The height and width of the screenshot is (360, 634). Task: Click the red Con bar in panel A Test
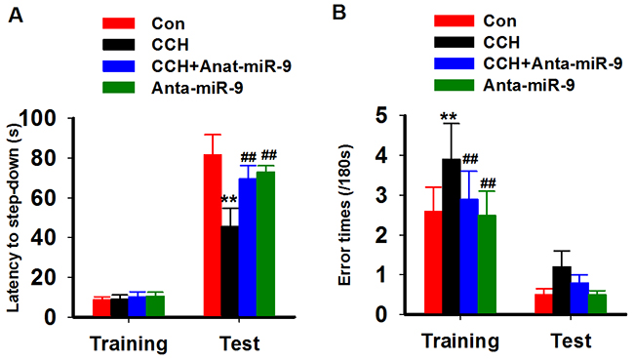click(213, 235)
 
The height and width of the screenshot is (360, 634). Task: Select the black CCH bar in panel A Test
click(230, 271)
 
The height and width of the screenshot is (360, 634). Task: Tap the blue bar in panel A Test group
click(248, 247)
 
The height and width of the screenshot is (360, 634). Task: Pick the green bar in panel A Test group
click(265, 244)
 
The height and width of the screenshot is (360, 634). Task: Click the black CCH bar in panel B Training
click(452, 236)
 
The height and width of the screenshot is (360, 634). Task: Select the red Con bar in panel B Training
click(433, 262)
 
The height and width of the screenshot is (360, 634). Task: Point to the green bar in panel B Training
click(487, 264)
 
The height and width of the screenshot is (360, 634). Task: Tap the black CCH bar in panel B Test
click(562, 290)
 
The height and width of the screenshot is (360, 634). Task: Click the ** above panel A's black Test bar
click(229, 199)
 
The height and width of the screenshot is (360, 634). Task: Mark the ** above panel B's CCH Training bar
click(449, 117)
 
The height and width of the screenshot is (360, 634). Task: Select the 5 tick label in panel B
click(382, 116)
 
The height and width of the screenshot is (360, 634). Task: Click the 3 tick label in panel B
click(382, 196)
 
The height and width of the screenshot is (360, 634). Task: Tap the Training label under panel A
click(129, 343)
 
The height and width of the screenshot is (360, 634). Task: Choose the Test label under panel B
click(571, 340)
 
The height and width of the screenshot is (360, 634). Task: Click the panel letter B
click(338, 13)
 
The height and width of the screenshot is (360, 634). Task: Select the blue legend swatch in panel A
click(118, 66)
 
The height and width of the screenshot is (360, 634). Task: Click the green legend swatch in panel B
click(455, 85)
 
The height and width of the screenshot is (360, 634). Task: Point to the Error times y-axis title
click(344, 216)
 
